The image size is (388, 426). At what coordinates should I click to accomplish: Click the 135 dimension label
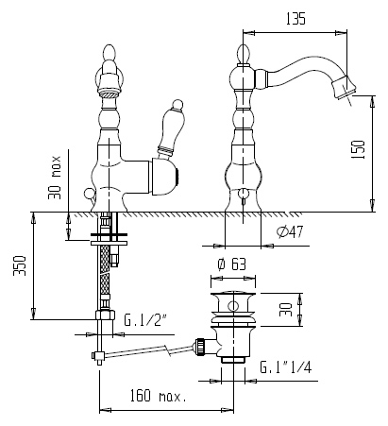point(295,19)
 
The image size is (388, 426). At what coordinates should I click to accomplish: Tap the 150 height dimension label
point(358,149)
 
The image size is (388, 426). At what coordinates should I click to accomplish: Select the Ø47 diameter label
point(290,232)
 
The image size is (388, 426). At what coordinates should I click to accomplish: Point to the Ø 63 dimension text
point(232,264)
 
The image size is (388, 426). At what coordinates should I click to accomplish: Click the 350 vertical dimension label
point(20,265)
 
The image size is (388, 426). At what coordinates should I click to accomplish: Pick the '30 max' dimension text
point(55,178)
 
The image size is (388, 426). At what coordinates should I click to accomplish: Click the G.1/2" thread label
point(144,320)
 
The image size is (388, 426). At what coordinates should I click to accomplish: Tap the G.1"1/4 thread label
point(286,367)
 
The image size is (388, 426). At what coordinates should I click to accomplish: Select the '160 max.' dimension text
point(159,396)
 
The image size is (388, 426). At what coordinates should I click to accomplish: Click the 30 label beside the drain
point(286,310)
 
